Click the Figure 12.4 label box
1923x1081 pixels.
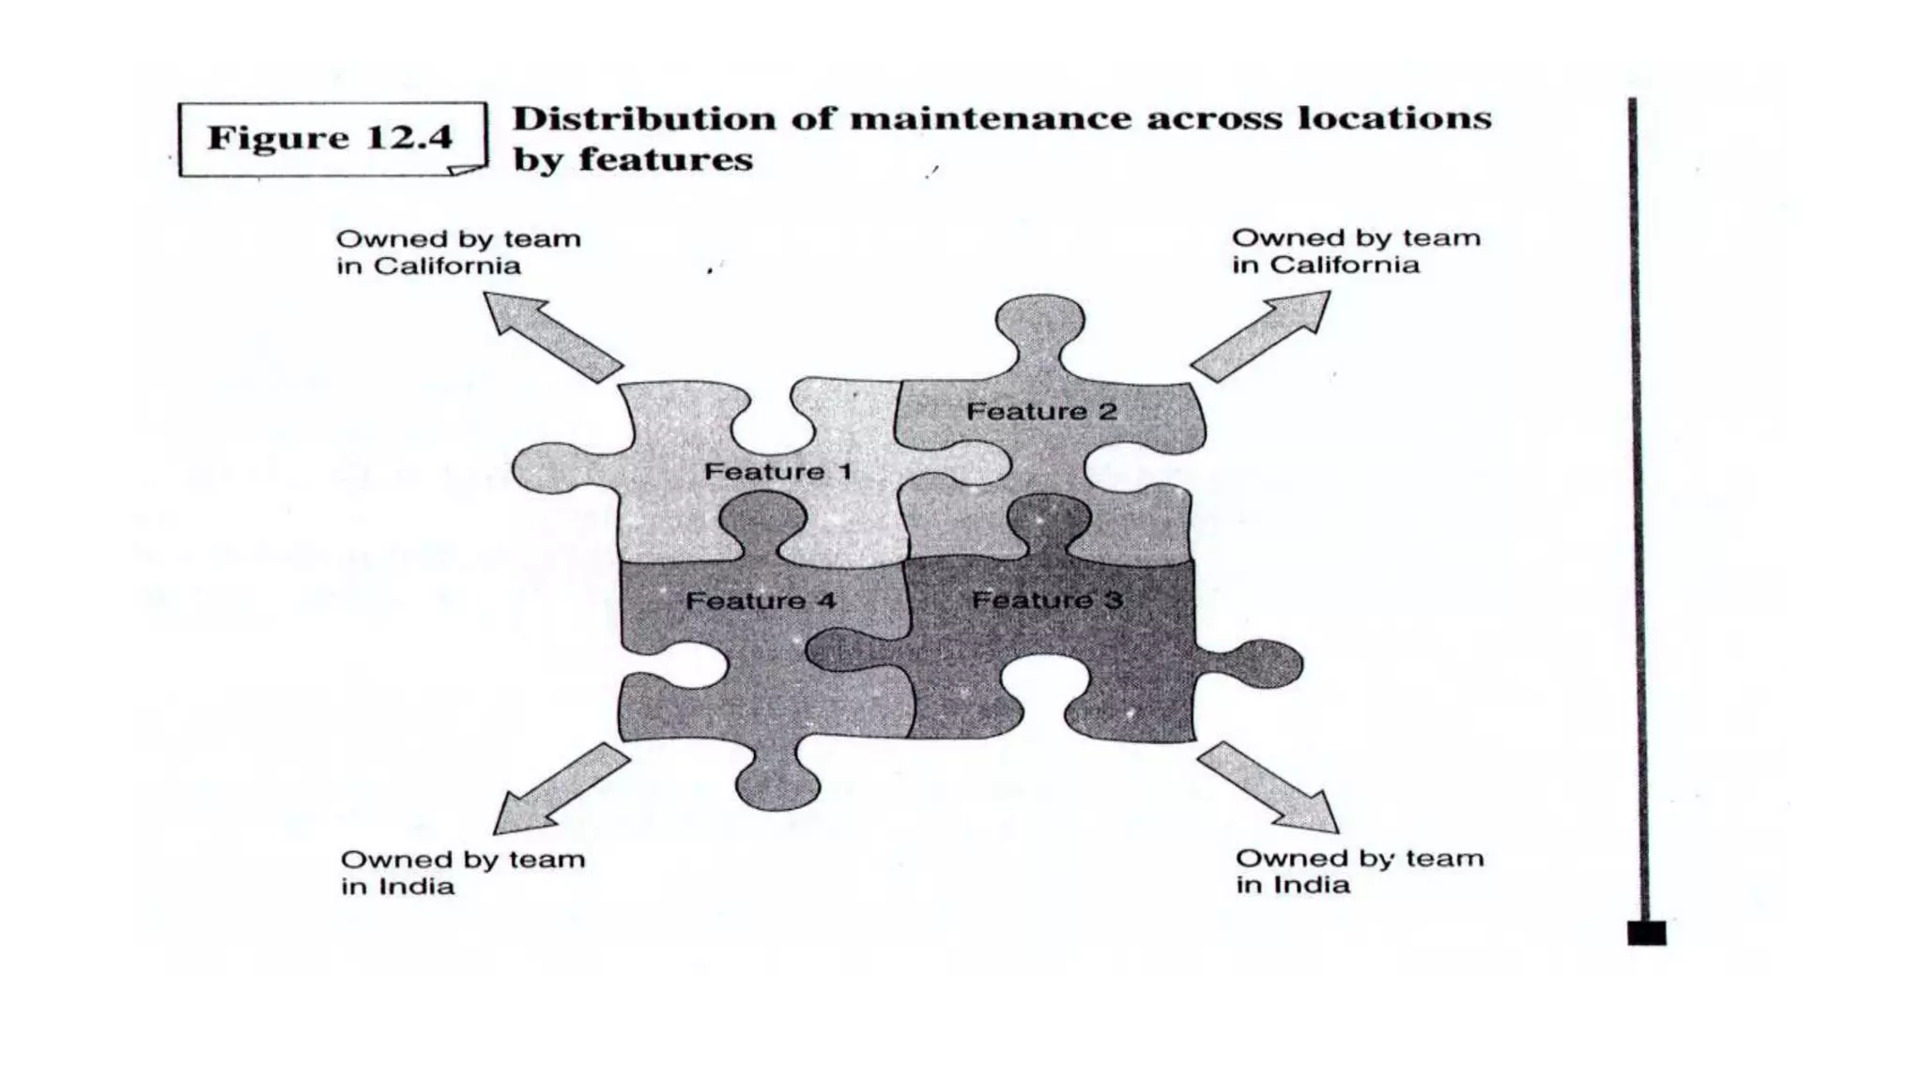pyautogui.click(x=331, y=138)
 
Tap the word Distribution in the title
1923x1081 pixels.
pyautogui.click(x=645, y=119)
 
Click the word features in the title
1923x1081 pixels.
pyautogui.click(x=666, y=160)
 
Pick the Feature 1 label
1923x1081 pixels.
pyautogui.click(x=777, y=471)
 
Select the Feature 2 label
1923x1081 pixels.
pyautogui.click(x=1041, y=411)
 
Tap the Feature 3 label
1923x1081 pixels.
pyautogui.click(x=1046, y=600)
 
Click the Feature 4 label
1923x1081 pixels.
pyautogui.click(x=760, y=601)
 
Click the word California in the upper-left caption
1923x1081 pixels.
pyautogui.click(x=447, y=266)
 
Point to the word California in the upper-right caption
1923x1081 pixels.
pyautogui.click(x=1344, y=265)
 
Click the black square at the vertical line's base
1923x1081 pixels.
pyautogui.click(x=1646, y=933)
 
